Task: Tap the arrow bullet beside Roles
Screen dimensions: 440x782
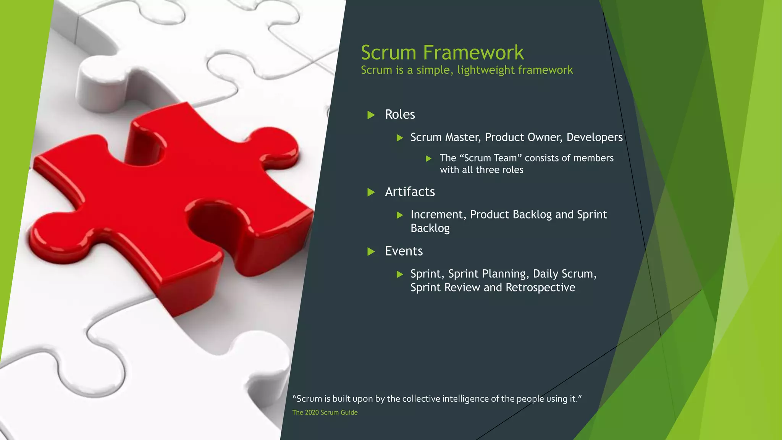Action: point(371,115)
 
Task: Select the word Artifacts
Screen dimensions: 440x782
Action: point(410,192)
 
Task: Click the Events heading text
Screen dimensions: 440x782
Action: point(404,251)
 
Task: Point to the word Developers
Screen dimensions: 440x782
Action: point(595,137)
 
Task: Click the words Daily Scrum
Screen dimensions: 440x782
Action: point(563,274)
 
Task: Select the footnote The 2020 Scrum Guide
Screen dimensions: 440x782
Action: point(325,412)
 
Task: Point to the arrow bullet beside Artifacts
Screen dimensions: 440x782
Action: point(371,192)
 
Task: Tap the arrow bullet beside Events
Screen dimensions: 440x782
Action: point(371,251)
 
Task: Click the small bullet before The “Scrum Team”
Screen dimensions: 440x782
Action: point(429,159)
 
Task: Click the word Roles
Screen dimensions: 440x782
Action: point(400,115)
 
